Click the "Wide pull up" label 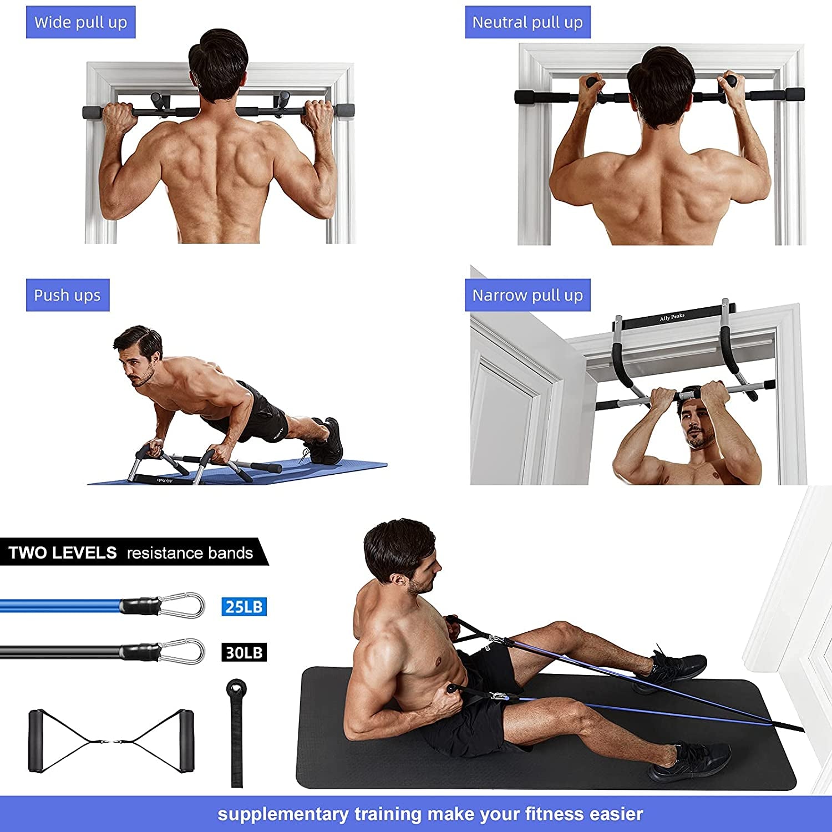click(x=80, y=22)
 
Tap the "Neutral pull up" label click(x=527, y=22)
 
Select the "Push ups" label click(x=67, y=295)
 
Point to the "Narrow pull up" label click(x=527, y=295)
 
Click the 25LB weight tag click(x=244, y=607)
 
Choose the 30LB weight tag click(x=244, y=652)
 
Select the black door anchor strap click(x=237, y=732)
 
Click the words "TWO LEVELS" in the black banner click(x=63, y=553)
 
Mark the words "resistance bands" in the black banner click(x=190, y=553)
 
